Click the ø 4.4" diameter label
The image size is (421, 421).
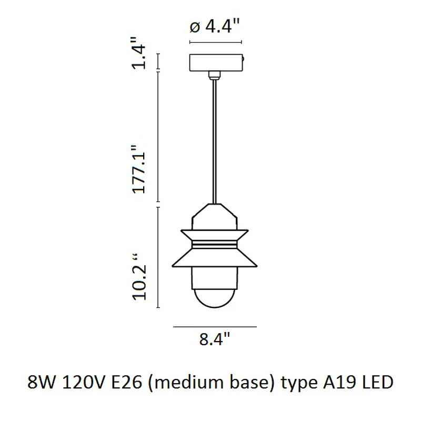click(x=214, y=26)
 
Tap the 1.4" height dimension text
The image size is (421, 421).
click(x=139, y=54)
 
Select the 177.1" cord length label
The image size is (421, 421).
click(x=139, y=169)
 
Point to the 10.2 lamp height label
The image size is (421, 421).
click(x=139, y=276)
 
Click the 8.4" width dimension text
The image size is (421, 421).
click(x=215, y=339)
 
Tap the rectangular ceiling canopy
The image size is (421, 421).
click(x=216, y=63)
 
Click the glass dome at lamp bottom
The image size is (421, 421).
click(x=214, y=298)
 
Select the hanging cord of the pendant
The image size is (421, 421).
click(x=214, y=142)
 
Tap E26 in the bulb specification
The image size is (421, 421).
click(x=126, y=382)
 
